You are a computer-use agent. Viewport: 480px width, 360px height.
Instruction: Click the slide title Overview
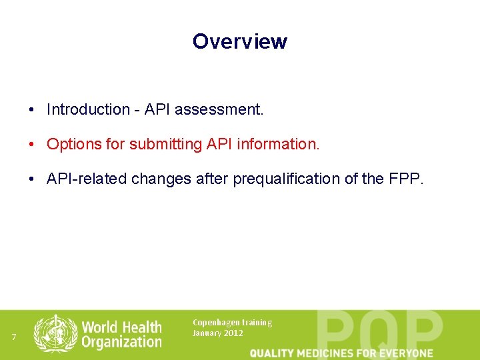(x=239, y=41)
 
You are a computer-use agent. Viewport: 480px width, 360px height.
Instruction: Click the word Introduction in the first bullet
(x=89, y=109)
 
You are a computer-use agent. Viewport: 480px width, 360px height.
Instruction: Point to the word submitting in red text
(x=163, y=144)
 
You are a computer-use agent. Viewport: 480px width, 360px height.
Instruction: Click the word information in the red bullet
(x=281, y=144)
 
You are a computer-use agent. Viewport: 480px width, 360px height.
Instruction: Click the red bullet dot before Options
(x=31, y=144)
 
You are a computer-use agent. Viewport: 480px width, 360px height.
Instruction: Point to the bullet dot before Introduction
(x=31, y=109)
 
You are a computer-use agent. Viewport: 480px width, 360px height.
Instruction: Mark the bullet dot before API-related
(x=31, y=179)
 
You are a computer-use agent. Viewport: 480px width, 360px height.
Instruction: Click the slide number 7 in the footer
(x=14, y=337)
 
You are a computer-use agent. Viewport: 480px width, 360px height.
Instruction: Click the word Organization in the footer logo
(x=121, y=342)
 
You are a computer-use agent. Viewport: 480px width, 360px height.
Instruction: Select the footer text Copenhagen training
(x=232, y=323)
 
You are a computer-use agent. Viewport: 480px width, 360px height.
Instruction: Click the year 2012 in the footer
(x=233, y=333)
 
